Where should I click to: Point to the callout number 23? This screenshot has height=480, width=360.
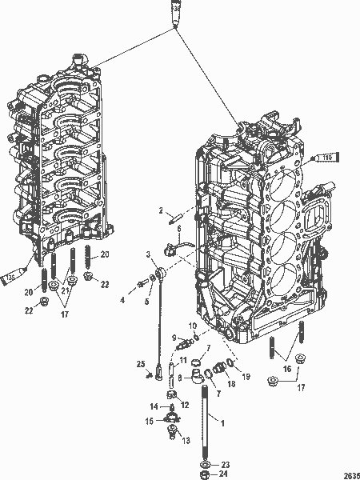tap(226, 464)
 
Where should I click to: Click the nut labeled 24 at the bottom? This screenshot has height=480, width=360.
tap(206, 474)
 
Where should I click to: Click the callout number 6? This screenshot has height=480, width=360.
tap(179, 229)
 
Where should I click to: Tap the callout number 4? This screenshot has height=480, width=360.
tap(122, 300)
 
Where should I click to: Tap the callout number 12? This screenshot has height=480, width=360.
tap(186, 406)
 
